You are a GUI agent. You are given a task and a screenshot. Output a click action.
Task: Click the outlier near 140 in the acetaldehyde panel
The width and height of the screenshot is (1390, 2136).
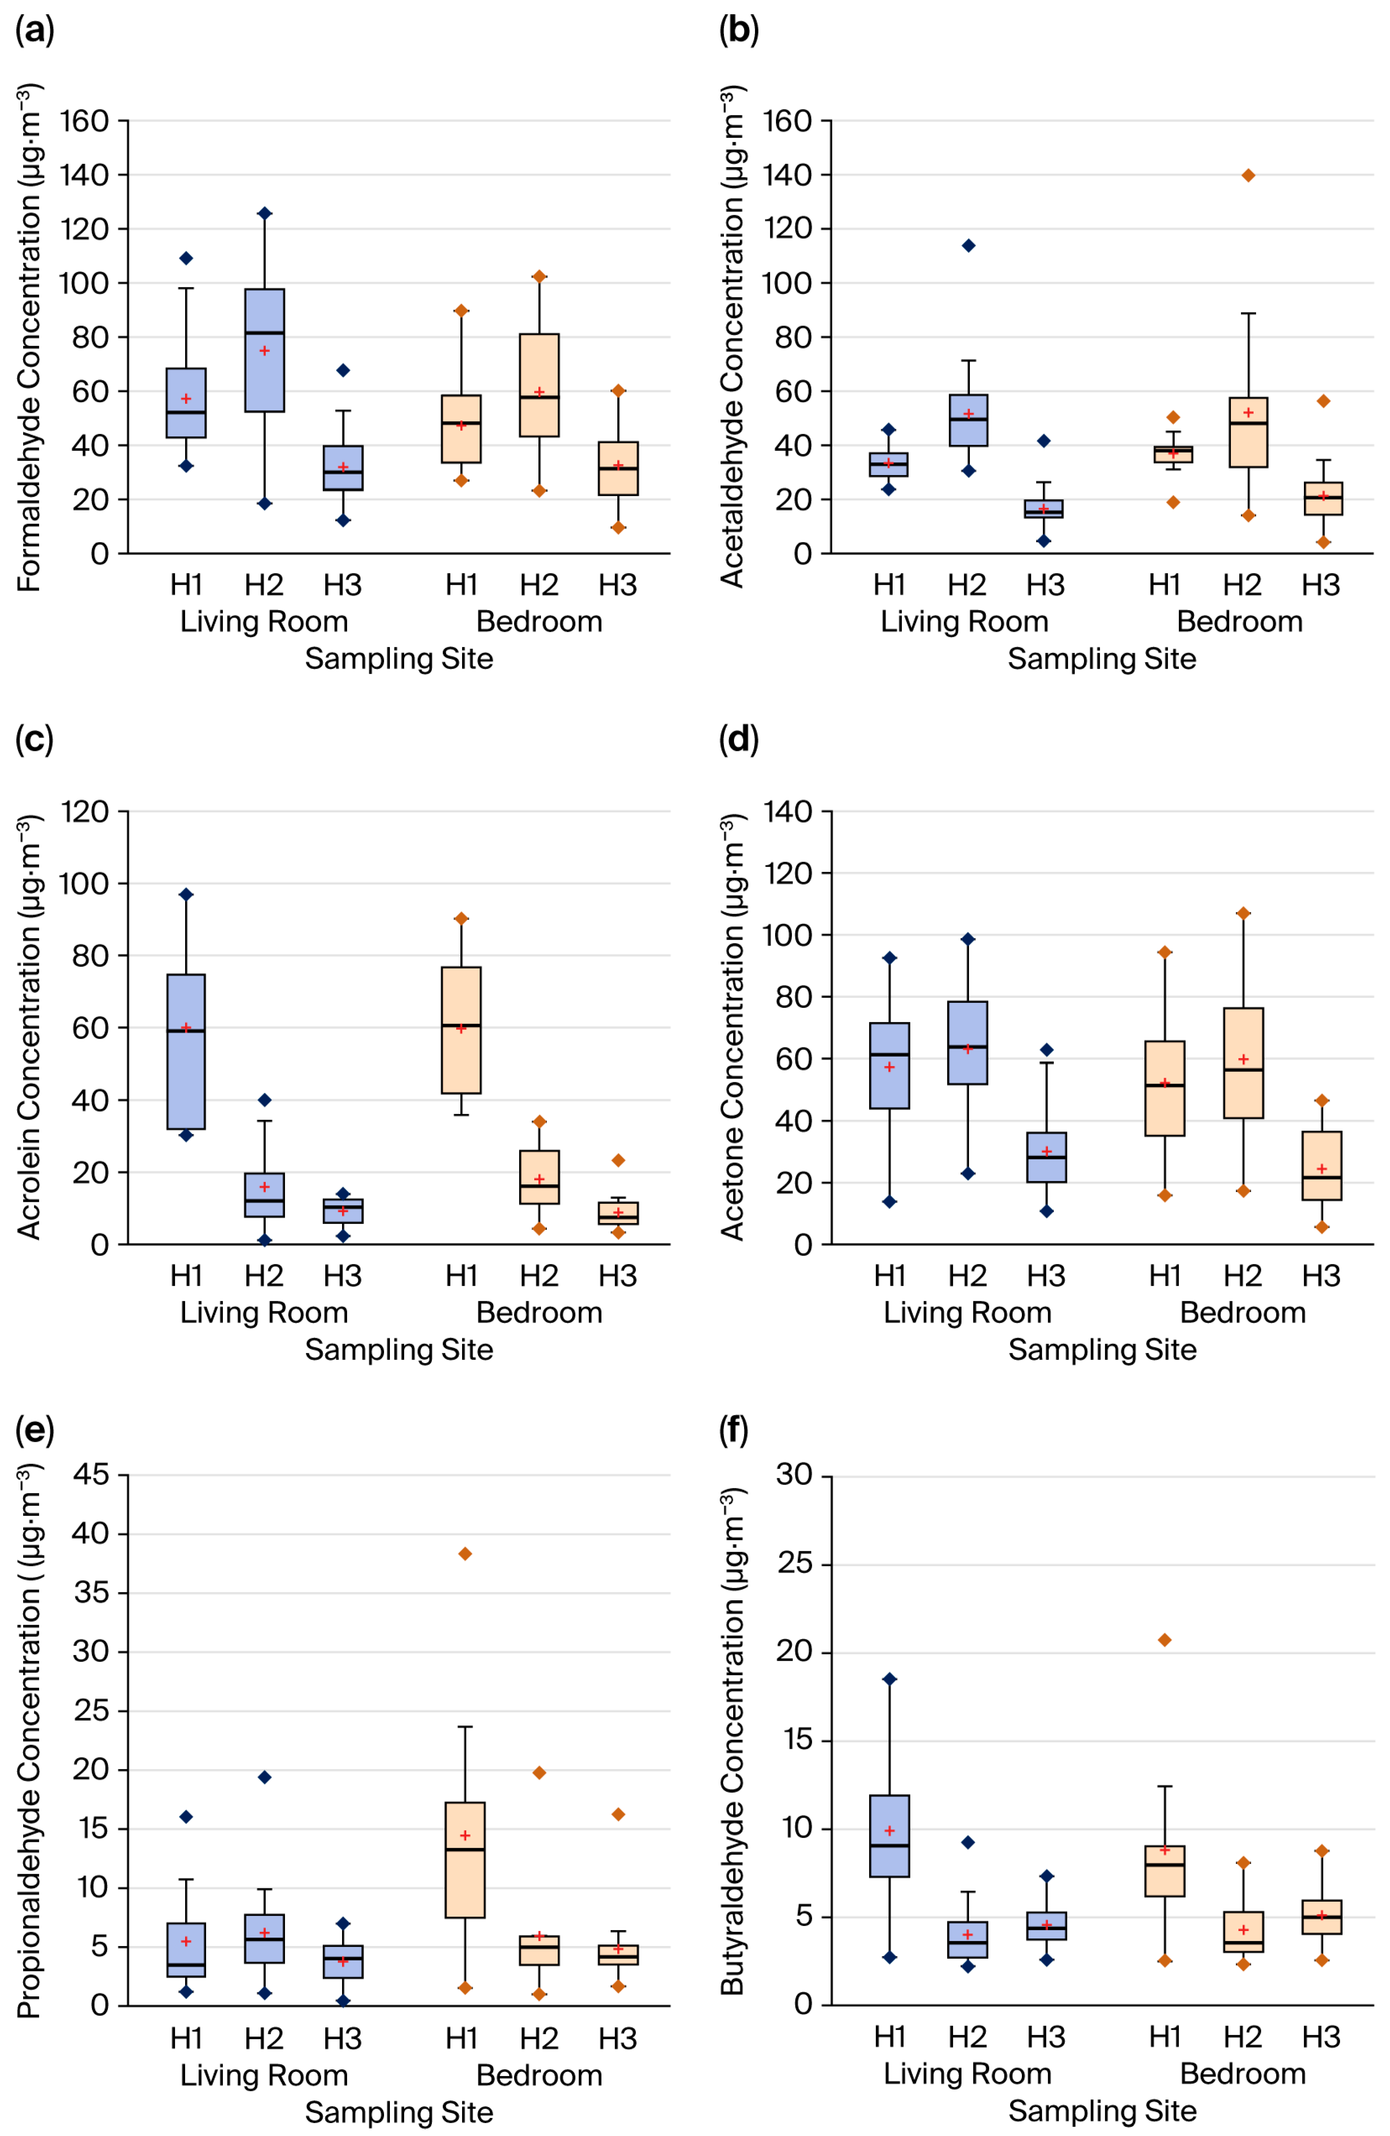click(x=1248, y=175)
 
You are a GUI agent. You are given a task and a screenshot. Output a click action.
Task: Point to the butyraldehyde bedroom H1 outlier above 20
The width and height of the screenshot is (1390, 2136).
click(x=1165, y=1640)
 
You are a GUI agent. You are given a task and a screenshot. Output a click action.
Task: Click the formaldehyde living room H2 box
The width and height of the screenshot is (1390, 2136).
click(x=265, y=350)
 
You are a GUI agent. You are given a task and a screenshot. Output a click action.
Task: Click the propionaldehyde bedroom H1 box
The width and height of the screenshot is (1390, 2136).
click(x=465, y=1860)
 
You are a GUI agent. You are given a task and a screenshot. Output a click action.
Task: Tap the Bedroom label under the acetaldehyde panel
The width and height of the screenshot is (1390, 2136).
click(x=1239, y=621)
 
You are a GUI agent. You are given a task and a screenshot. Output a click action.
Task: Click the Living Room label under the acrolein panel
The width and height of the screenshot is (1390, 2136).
click(x=264, y=1312)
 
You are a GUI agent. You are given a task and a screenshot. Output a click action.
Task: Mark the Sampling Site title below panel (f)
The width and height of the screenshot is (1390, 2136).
click(x=1102, y=2111)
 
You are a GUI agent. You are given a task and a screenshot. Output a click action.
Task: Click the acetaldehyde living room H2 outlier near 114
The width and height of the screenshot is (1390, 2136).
click(x=968, y=245)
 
